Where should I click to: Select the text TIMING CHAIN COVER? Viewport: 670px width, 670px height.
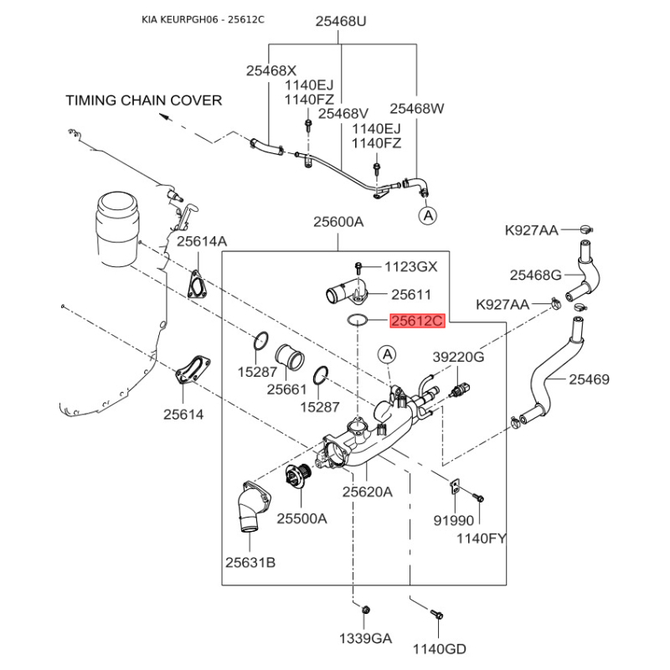tap(144, 100)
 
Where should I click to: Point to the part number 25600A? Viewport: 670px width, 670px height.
tap(338, 222)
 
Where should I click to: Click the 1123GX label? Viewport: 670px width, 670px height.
tap(410, 267)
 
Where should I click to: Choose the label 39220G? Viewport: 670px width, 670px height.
tap(458, 357)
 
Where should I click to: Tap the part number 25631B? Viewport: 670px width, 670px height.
tap(250, 561)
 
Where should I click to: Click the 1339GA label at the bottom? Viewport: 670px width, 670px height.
tap(365, 638)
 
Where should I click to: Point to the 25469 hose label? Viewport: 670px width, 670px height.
tap(590, 379)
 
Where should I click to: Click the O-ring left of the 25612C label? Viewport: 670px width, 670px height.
tap(357, 319)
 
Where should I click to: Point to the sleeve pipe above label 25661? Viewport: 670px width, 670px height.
tap(291, 358)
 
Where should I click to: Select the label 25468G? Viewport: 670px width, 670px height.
tap(536, 274)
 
